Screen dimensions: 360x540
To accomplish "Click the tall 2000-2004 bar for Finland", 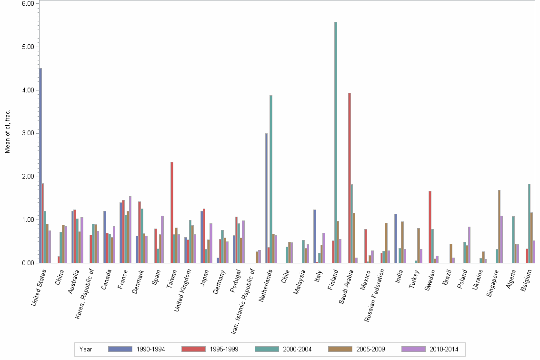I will click(x=336, y=142).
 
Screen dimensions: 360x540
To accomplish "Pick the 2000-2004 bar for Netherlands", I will click(x=271, y=179).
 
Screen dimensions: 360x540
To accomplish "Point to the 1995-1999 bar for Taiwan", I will click(x=172, y=212).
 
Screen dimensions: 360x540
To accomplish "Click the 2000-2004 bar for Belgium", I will click(x=529, y=223).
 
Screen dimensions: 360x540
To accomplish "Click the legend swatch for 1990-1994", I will click(x=120, y=349).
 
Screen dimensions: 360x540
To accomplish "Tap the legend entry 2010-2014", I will click(x=443, y=350).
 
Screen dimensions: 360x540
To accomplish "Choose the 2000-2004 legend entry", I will click(x=297, y=350).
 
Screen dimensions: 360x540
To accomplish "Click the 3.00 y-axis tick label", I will click(x=29, y=133).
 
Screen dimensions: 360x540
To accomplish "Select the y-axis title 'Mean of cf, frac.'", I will click(x=7, y=131).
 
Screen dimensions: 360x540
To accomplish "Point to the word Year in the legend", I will click(x=86, y=350).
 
